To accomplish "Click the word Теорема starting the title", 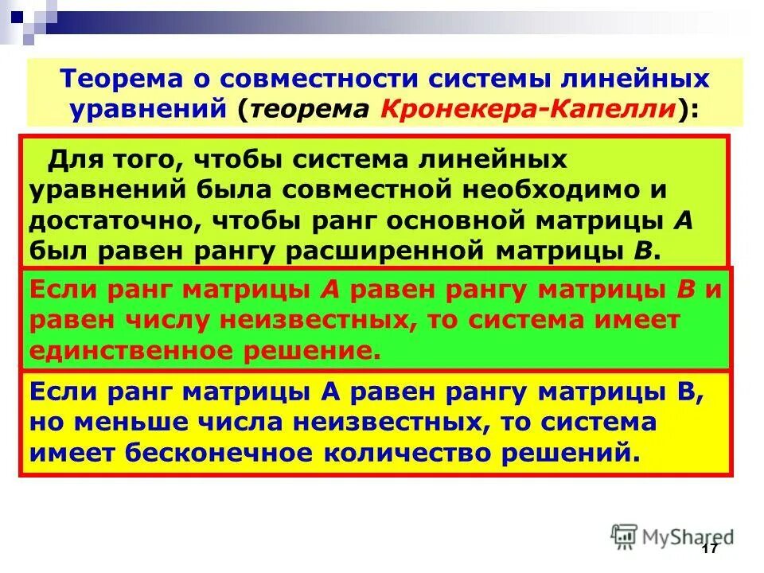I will tap(115, 80).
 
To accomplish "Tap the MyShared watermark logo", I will tap(672, 535).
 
